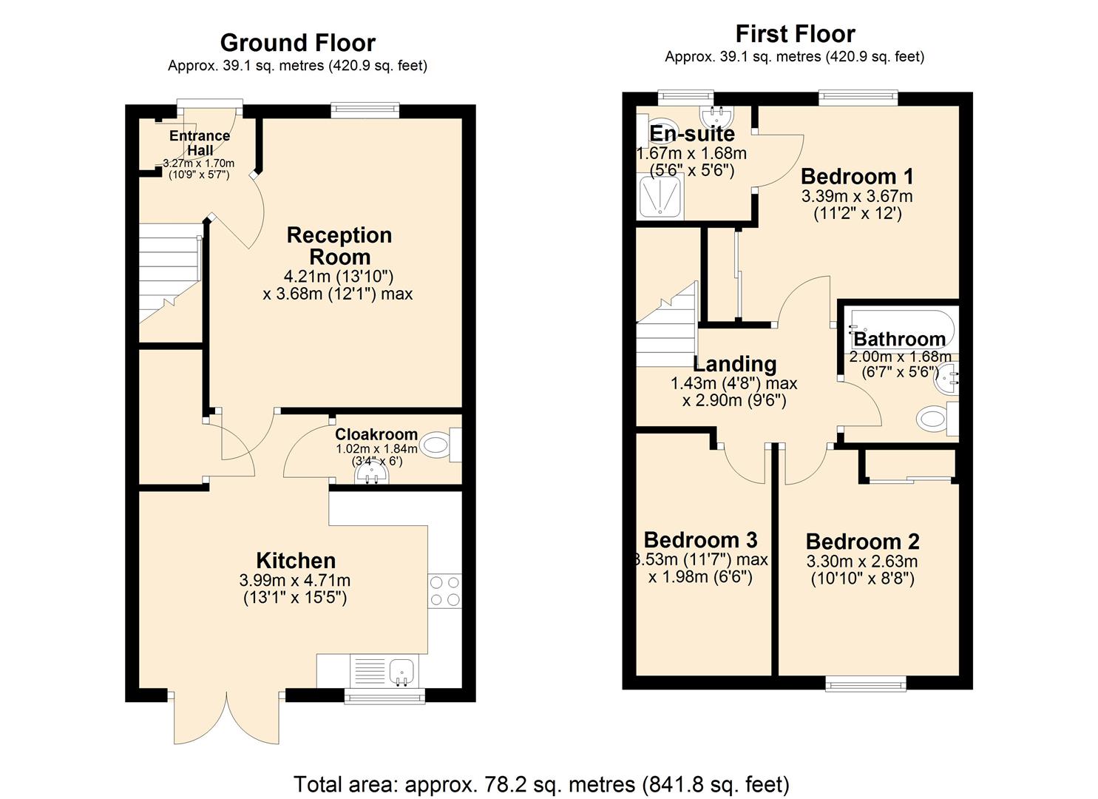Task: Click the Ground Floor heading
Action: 297,43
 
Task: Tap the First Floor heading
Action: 795,34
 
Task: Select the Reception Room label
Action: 339,246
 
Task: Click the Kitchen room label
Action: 296,560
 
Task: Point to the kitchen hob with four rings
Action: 444,591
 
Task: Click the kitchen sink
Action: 403,671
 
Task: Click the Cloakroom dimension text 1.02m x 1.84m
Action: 376,449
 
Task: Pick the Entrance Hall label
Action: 200,143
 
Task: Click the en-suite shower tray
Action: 660,197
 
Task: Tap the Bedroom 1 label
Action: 857,176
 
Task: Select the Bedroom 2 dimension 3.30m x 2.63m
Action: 861,562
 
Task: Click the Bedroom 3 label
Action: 700,539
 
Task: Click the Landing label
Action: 734,364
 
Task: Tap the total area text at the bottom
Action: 541,784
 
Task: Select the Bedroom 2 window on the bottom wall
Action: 865,684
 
